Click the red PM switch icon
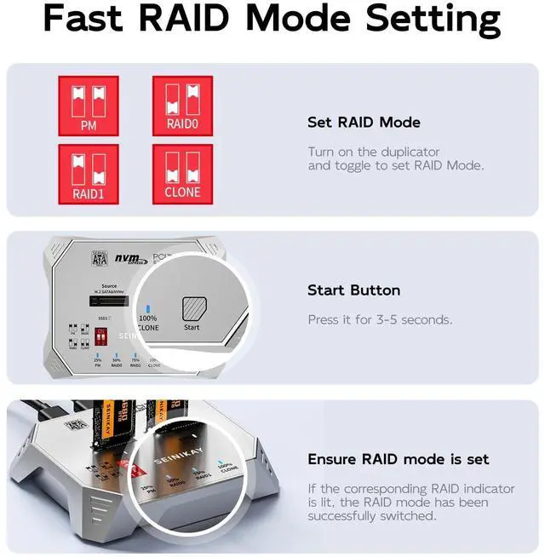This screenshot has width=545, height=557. click(89, 105)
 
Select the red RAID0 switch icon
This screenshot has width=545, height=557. click(182, 105)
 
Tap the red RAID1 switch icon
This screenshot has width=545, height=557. click(89, 174)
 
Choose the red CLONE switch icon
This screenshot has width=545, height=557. click(182, 174)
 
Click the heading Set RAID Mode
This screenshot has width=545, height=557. click(364, 123)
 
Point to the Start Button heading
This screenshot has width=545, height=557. click(353, 290)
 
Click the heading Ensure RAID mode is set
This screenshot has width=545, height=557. click(398, 459)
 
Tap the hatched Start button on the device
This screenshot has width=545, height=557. click(192, 307)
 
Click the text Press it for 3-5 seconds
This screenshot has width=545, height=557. click(380, 320)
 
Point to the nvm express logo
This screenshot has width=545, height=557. click(127, 256)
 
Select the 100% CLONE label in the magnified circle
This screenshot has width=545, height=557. click(147, 322)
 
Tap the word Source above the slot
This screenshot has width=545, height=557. click(109, 286)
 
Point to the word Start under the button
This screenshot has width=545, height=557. click(192, 328)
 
